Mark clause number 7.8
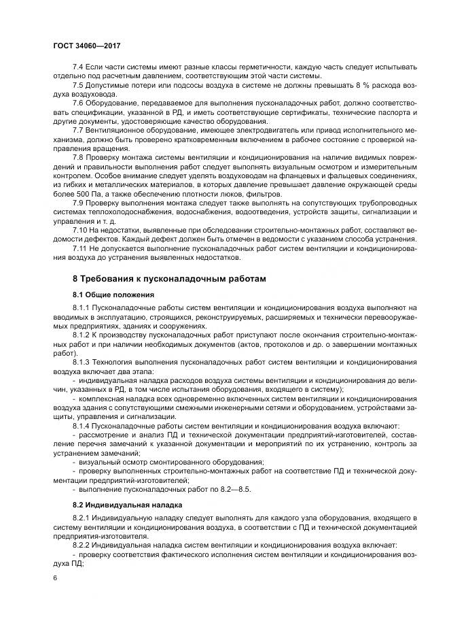click(78, 155)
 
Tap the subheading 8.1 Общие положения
click(113, 295)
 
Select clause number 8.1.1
click(82, 308)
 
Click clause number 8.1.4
click(82, 424)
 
